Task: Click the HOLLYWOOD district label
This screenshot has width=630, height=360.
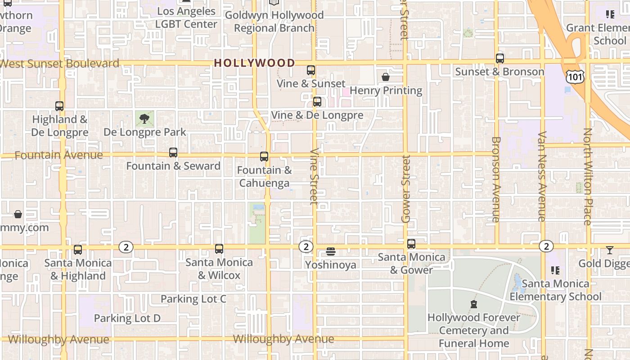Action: click(254, 63)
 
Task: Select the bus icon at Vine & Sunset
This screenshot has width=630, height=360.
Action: click(311, 70)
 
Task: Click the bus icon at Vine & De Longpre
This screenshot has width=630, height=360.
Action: click(317, 102)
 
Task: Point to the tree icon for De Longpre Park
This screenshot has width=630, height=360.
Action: click(144, 119)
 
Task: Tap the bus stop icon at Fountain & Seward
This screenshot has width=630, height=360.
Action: click(173, 153)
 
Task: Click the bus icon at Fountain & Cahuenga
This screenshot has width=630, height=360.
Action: click(264, 157)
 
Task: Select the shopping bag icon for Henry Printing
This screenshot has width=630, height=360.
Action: click(386, 77)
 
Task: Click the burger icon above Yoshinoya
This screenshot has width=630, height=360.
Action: click(331, 251)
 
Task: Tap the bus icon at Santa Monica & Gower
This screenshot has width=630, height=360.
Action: click(411, 244)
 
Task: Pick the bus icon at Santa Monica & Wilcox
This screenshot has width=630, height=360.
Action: click(219, 249)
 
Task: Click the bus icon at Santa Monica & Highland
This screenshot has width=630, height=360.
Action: click(78, 249)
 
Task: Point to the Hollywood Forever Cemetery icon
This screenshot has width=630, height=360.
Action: click(474, 304)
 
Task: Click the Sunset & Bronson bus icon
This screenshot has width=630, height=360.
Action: click(500, 58)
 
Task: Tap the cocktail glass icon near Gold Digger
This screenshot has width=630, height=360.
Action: click(610, 250)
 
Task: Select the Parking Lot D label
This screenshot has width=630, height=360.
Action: click(127, 318)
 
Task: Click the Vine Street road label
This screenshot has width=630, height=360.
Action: click(314, 176)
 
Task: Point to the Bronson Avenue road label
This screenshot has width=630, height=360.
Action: click(496, 179)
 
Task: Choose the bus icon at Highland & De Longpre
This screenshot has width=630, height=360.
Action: click(59, 106)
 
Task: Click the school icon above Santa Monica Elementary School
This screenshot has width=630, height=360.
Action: click(555, 270)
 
